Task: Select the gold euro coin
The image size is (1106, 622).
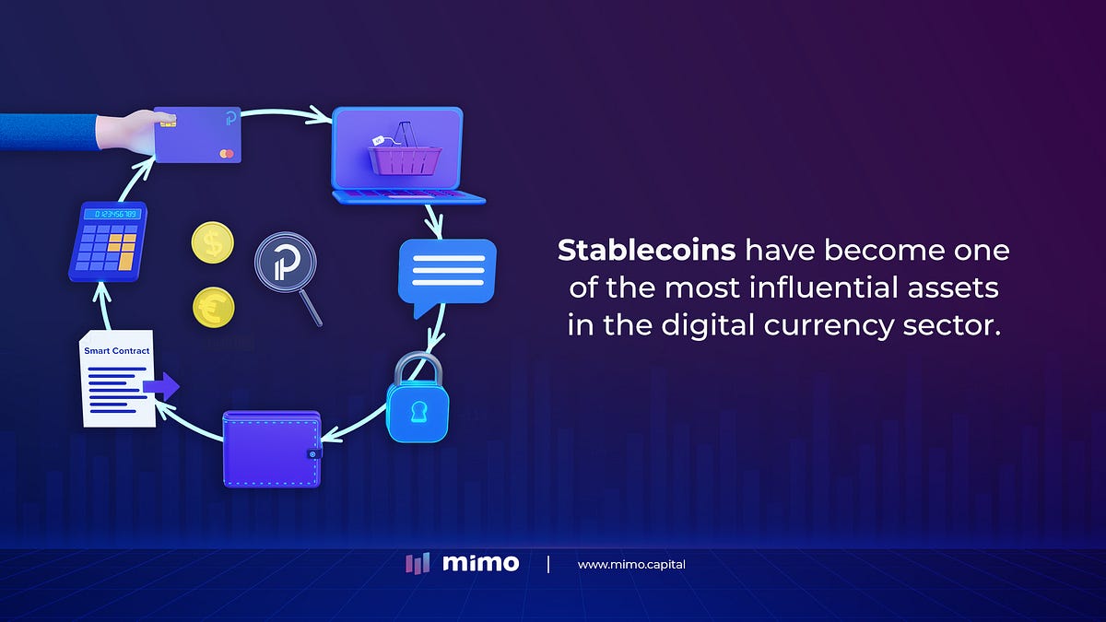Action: coord(213,306)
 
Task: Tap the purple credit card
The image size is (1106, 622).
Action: coord(198,135)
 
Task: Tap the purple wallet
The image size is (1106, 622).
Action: coord(272,449)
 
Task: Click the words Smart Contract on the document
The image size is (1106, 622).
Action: coord(116,351)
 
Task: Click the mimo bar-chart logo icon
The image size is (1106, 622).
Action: coord(418,563)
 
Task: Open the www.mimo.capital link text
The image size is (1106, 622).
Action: coord(631,564)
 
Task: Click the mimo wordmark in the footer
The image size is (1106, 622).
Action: coord(481,563)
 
